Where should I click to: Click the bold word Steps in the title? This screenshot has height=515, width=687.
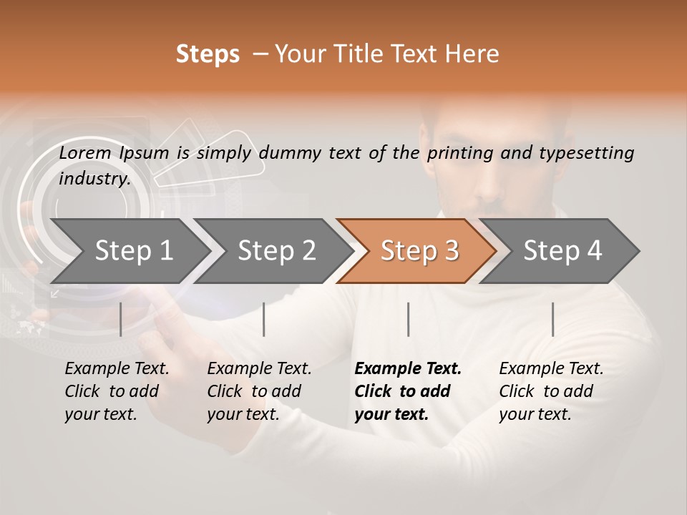point(208,54)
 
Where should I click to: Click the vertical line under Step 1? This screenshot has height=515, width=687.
point(121,319)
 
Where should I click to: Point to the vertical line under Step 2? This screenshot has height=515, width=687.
point(264,319)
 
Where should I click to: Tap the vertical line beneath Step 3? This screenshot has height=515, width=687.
point(408,319)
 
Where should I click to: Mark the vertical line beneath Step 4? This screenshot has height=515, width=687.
point(552,319)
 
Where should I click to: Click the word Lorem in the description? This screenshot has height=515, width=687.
point(84,153)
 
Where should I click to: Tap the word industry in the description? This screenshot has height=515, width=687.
point(94,179)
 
